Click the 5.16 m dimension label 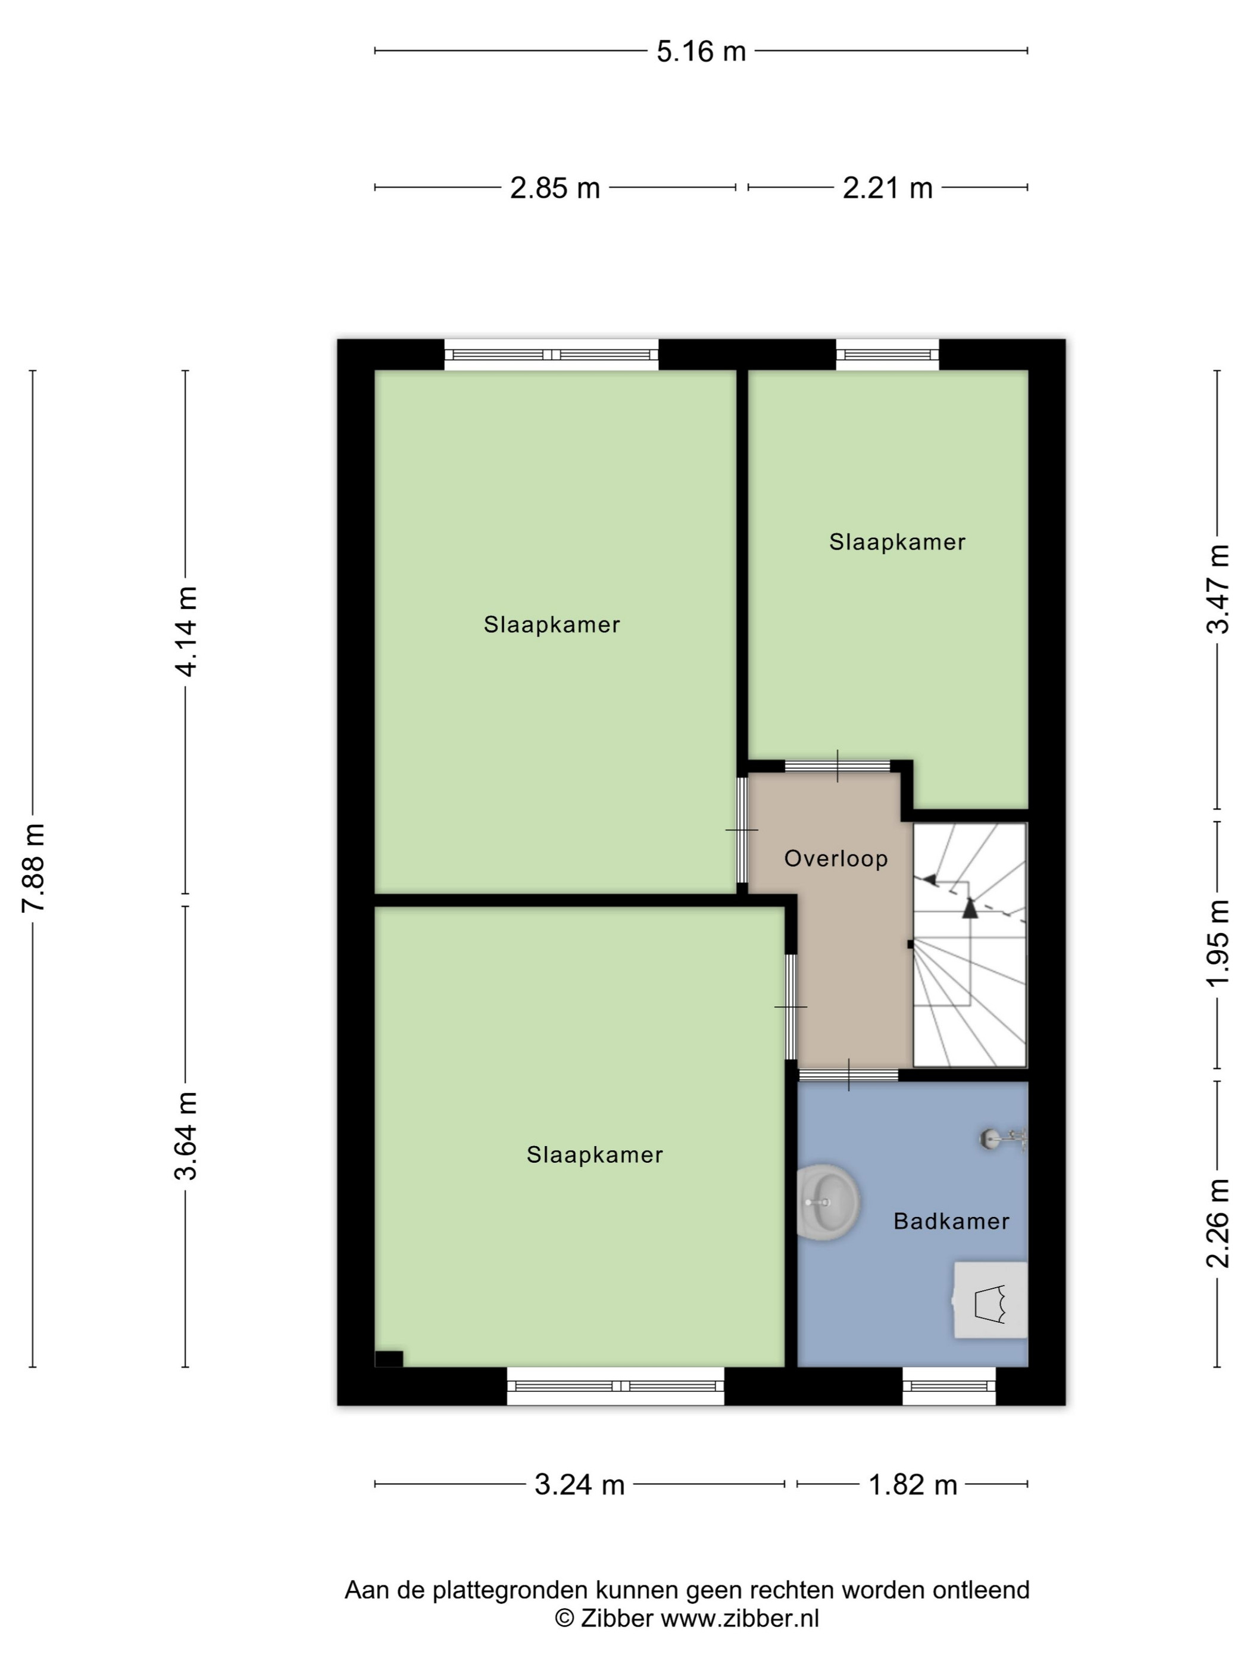701,52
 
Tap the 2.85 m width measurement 555,188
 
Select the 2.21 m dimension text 887,188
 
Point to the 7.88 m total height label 34,867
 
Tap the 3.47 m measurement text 1218,589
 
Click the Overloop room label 836,859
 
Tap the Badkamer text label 951,1222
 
